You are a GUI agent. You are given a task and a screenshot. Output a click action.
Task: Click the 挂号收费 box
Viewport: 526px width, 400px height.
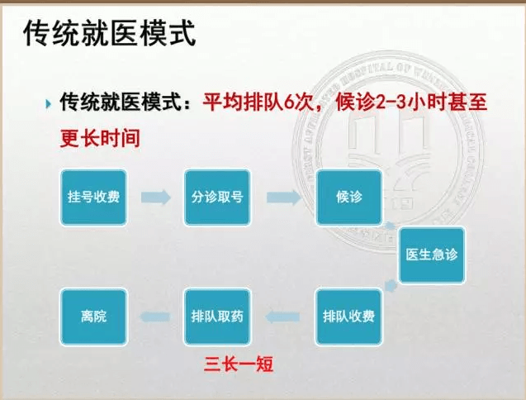[93, 198]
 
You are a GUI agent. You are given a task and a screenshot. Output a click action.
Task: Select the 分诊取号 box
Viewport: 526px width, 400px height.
[217, 198]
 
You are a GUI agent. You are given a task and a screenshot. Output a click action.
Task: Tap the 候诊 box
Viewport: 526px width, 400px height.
[349, 198]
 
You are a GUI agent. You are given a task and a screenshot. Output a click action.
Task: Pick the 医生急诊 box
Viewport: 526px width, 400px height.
[432, 255]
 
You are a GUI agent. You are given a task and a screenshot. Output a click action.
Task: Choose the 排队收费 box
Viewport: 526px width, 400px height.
[348, 317]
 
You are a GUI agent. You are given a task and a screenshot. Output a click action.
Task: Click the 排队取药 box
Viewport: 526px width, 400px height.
[217, 317]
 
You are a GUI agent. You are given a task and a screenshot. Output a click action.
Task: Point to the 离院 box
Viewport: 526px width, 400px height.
[93, 317]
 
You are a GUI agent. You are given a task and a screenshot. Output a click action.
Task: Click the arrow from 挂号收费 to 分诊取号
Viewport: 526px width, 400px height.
[155, 198]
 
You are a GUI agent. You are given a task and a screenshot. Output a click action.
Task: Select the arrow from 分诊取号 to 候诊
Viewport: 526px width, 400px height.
[283, 198]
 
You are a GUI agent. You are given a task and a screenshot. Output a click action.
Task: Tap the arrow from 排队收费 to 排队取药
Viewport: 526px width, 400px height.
[282, 317]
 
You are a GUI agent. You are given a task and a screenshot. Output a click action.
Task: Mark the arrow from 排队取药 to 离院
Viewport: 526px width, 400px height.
[154, 317]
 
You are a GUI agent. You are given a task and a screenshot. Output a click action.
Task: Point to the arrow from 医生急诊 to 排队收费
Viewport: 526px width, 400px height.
[391, 286]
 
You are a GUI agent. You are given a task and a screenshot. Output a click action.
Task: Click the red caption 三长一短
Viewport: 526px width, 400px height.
[239, 364]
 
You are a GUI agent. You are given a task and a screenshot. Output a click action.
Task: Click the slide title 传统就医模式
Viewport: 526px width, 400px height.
[109, 33]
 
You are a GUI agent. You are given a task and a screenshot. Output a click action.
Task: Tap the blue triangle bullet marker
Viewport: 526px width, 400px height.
[48, 104]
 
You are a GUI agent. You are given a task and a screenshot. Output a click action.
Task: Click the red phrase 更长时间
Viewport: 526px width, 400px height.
[100, 138]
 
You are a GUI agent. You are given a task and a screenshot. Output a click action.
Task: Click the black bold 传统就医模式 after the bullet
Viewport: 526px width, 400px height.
[121, 102]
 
